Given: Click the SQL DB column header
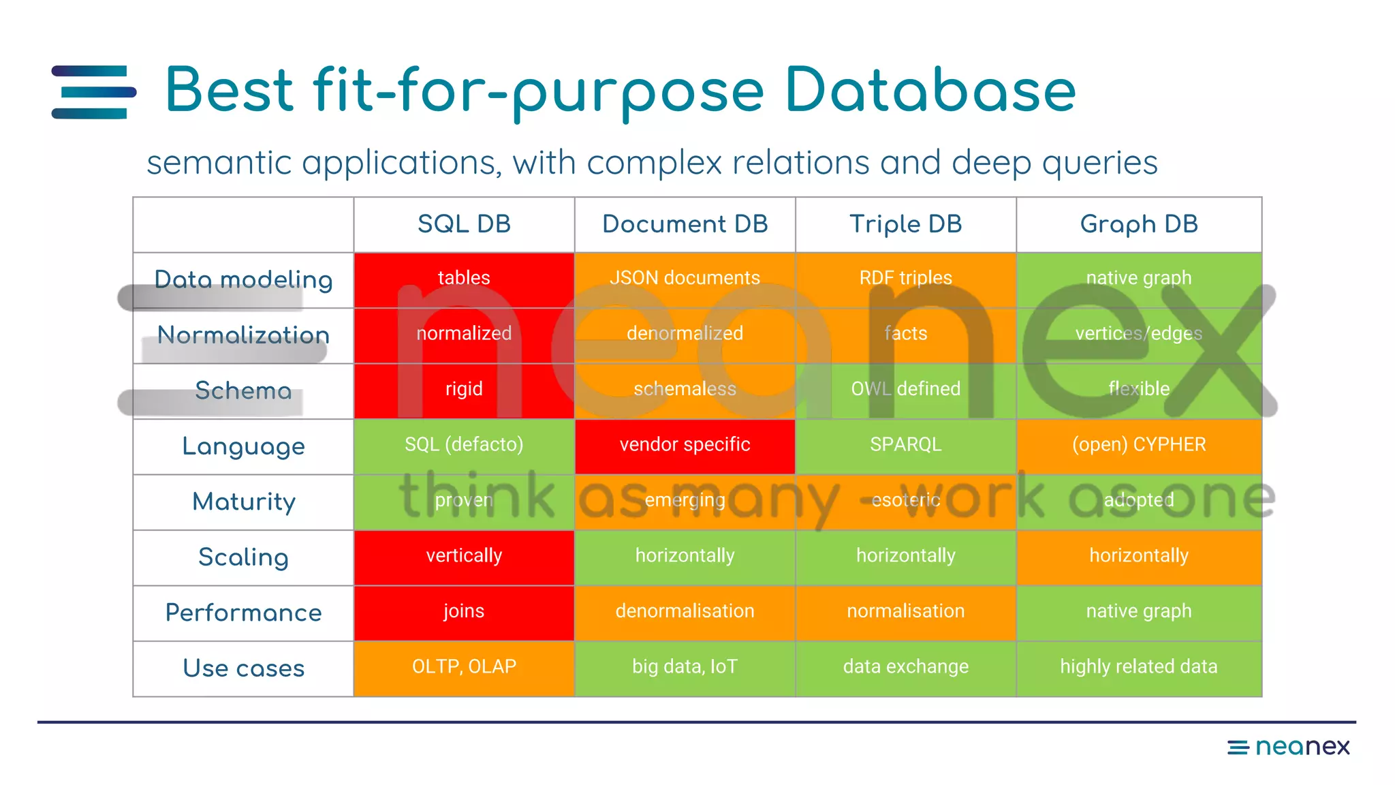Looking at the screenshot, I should click(x=464, y=224).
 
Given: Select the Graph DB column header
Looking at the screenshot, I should click(x=1138, y=224).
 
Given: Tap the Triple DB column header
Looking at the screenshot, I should click(x=905, y=224).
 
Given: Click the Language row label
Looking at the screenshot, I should click(x=243, y=446).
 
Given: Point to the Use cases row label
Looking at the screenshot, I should click(x=243, y=668).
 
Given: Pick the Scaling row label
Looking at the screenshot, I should click(x=243, y=557).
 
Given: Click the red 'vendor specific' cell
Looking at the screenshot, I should click(x=685, y=445).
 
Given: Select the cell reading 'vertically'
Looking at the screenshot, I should click(x=464, y=556).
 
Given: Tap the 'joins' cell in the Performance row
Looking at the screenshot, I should click(x=464, y=611).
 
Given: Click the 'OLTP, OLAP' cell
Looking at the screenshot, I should click(x=464, y=666).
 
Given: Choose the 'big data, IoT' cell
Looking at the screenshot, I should click(x=685, y=666).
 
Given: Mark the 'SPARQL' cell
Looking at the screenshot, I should click(x=905, y=445).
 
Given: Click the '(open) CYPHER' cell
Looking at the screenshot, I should click(x=1138, y=445).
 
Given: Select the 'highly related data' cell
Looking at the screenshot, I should click(x=1138, y=666).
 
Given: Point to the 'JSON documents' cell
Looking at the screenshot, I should click(x=685, y=278).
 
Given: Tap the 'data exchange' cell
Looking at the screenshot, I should click(x=905, y=666).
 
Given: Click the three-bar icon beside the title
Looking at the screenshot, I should click(x=94, y=92).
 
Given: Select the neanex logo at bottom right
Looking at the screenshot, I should click(x=1288, y=747).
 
